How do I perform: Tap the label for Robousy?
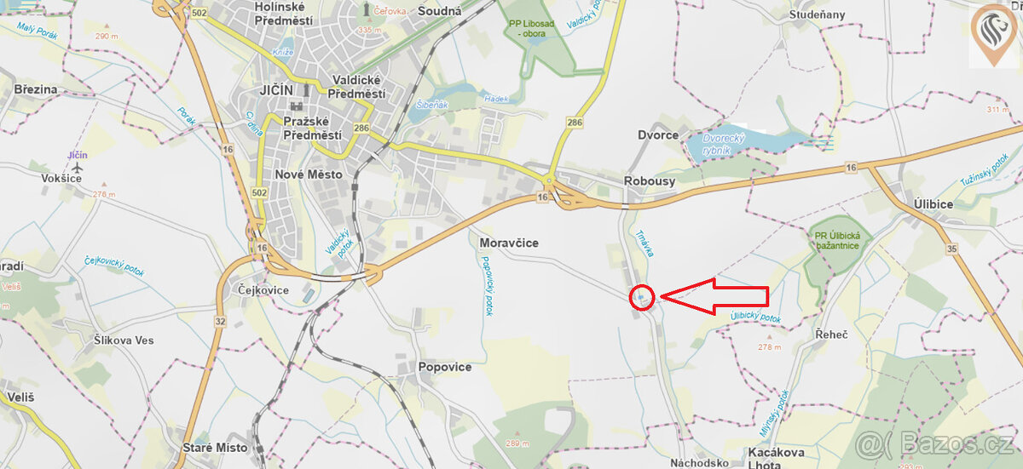point(650,180)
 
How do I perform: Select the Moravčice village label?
point(509,243)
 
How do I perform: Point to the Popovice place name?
point(444,367)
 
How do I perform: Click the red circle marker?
point(642,297)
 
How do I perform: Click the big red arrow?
point(716,296)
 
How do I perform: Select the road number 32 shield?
point(220,321)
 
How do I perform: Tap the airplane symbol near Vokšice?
point(78,168)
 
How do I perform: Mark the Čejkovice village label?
point(263,290)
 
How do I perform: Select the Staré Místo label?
point(215,447)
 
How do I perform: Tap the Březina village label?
point(36,89)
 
